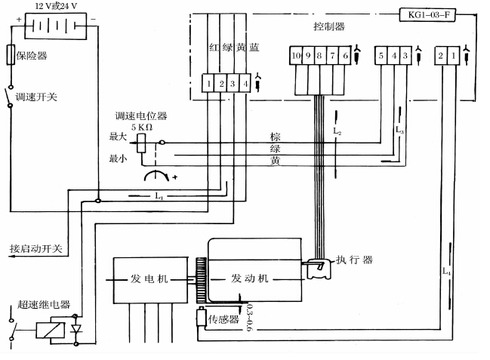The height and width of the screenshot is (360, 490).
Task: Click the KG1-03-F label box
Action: tap(427, 15)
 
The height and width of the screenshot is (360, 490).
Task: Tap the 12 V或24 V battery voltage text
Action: tap(53, 6)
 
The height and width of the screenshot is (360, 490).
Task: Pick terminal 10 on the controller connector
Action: tap(297, 55)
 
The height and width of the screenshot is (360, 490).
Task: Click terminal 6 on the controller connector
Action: tap(345, 55)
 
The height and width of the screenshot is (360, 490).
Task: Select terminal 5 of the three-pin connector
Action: tap(383, 55)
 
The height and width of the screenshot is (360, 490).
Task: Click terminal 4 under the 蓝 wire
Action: tap(243, 83)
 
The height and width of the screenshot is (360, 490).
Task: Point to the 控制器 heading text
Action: tap(328, 27)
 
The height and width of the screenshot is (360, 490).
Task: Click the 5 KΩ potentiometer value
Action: tap(142, 128)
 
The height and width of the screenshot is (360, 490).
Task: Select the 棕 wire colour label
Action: tap(276, 137)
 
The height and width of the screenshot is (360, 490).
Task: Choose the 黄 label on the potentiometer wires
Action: tap(276, 161)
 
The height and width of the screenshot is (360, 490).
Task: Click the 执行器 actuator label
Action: tap(355, 260)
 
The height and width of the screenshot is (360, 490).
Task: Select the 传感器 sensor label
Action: tap(224, 320)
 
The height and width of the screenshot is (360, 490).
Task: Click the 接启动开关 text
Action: tap(35, 248)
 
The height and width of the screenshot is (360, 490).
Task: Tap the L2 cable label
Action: tap(337, 131)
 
